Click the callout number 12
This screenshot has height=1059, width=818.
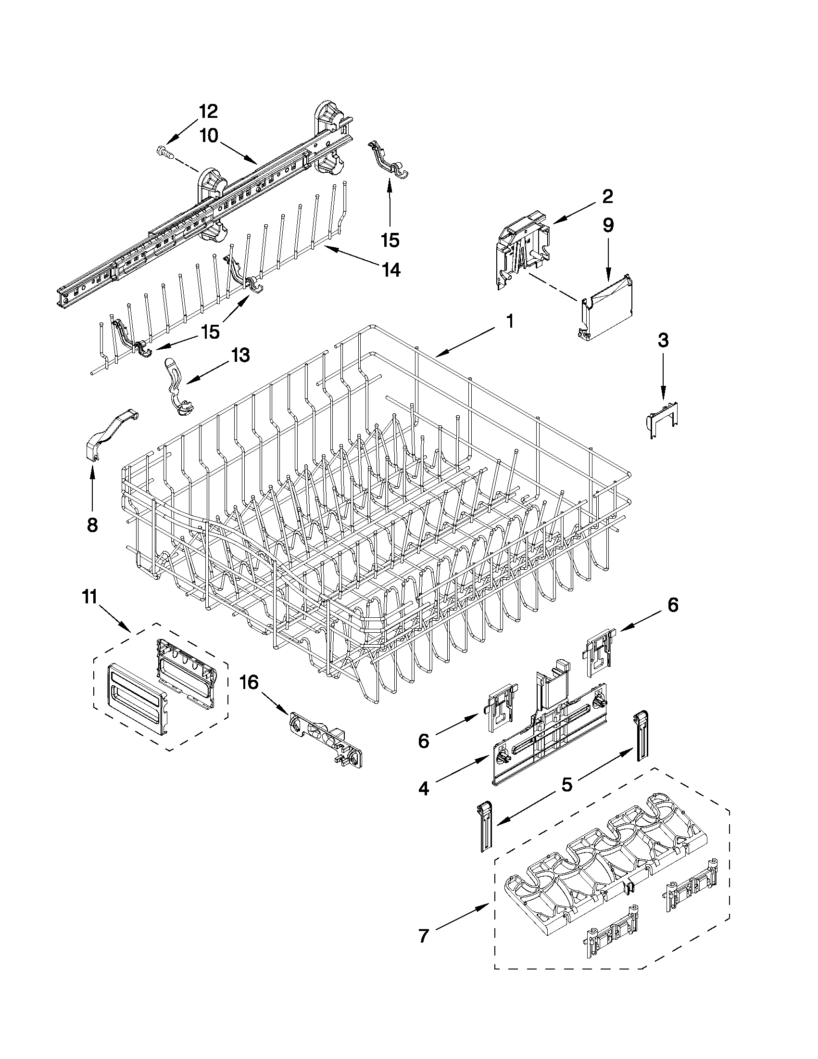coord(208,112)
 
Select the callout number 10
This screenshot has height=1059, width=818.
coord(208,136)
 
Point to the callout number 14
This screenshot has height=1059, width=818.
coord(390,270)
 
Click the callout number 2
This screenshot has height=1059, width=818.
coord(607,196)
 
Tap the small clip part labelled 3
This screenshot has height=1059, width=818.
coord(663,418)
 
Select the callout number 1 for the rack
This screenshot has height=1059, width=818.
coord(509,321)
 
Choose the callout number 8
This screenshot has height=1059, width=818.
coord(91,524)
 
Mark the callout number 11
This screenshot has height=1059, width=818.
coord(90,597)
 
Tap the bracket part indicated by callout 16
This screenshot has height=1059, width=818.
coord(326,740)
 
